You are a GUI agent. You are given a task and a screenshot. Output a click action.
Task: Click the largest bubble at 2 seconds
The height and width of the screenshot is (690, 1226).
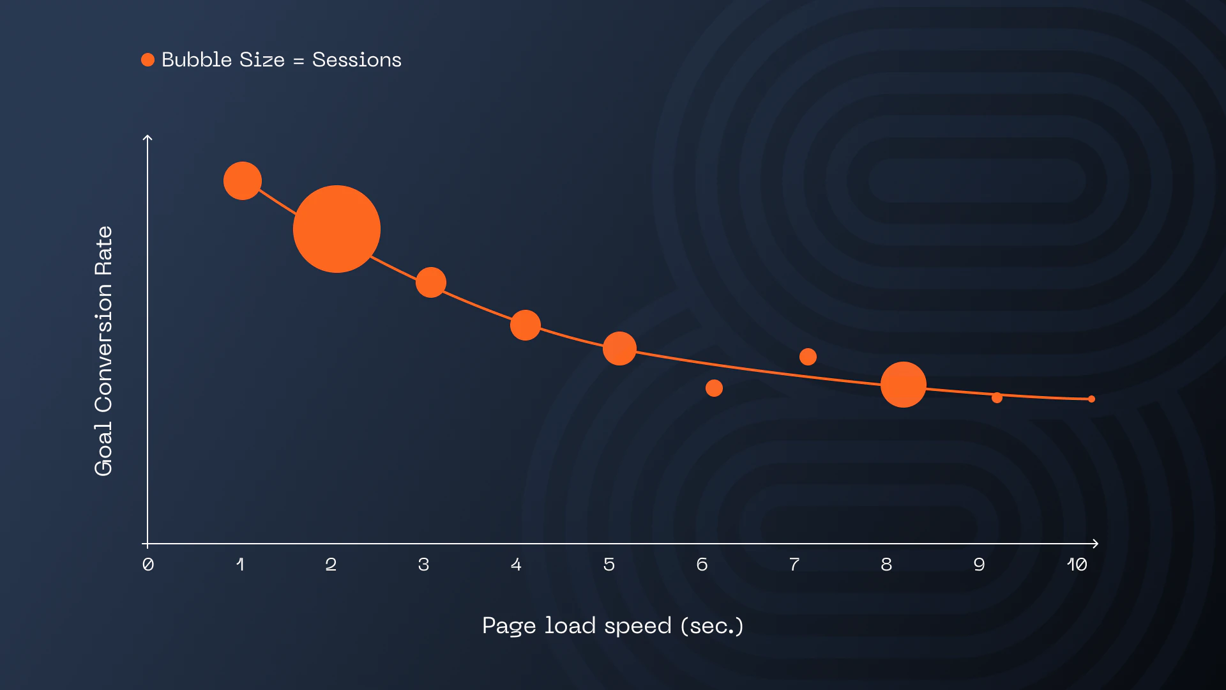click(337, 229)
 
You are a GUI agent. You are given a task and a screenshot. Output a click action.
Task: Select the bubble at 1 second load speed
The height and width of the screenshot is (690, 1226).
click(243, 181)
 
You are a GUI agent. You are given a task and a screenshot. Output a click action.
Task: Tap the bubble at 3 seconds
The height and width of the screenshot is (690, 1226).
click(431, 282)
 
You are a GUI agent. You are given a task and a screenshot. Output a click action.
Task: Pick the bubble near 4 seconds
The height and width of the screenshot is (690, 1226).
click(526, 325)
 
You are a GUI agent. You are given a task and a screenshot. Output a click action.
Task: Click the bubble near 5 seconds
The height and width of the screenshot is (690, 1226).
click(619, 348)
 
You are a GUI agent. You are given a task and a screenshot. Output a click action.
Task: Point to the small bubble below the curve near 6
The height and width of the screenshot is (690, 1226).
click(714, 388)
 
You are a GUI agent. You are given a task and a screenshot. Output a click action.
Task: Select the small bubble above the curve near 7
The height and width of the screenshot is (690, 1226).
click(808, 356)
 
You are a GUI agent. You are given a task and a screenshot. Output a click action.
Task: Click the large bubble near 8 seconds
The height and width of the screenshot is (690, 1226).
click(903, 385)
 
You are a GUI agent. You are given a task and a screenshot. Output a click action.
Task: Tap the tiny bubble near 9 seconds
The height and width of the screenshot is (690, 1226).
click(997, 397)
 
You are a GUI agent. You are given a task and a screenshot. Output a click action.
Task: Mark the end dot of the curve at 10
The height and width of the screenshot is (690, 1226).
click(1091, 399)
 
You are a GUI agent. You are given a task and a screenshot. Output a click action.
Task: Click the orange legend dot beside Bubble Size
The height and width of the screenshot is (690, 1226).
click(148, 59)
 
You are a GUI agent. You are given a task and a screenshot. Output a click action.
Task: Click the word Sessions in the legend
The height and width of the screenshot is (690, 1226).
click(356, 59)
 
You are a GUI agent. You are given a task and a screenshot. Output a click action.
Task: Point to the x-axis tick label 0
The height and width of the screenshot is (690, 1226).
click(148, 564)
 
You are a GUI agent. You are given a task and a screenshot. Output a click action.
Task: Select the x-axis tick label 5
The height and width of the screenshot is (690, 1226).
click(609, 564)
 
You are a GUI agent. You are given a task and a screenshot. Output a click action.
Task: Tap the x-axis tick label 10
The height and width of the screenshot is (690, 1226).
click(1077, 564)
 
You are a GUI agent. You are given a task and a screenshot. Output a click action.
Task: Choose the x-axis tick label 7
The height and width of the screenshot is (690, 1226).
click(794, 564)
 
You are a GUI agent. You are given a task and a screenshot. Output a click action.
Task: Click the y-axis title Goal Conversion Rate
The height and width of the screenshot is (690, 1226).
click(103, 351)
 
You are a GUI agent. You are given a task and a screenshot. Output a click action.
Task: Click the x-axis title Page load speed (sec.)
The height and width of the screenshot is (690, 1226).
click(613, 625)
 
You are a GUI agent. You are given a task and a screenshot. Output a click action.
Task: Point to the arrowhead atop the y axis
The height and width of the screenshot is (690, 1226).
click(148, 137)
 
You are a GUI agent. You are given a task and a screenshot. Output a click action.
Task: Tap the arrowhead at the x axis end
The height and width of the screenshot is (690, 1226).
click(1095, 544)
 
